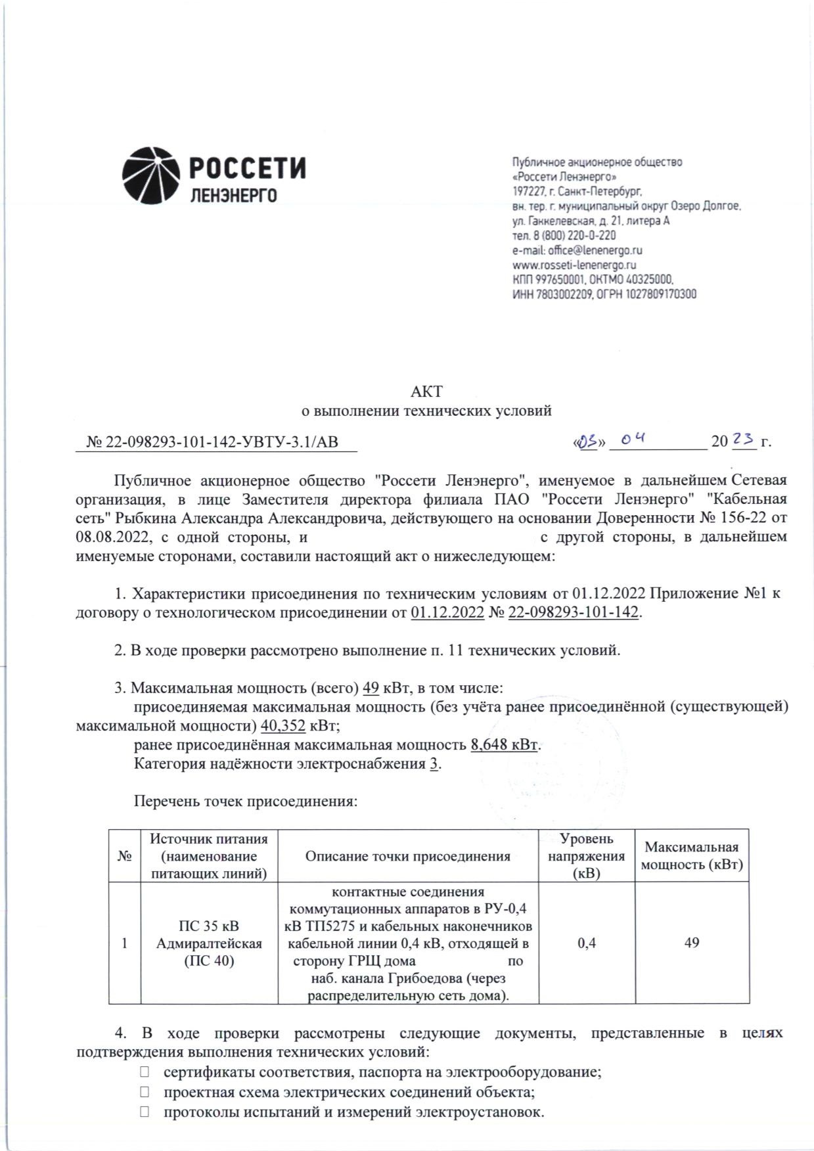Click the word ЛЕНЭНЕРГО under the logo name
[233, 196]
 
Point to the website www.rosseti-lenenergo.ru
[574, 265]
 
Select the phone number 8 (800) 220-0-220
[574, 235]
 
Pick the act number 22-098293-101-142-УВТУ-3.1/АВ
[222, 442]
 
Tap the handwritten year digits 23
[743, 438]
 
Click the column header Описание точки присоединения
[408, 856]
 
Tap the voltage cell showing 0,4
[587, 943]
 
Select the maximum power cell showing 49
[691, 943]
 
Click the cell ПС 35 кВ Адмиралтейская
[209, 943]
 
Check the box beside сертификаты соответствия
[145, 1072]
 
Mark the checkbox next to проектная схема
[145, 1092]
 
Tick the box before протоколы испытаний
[145, 1112]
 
